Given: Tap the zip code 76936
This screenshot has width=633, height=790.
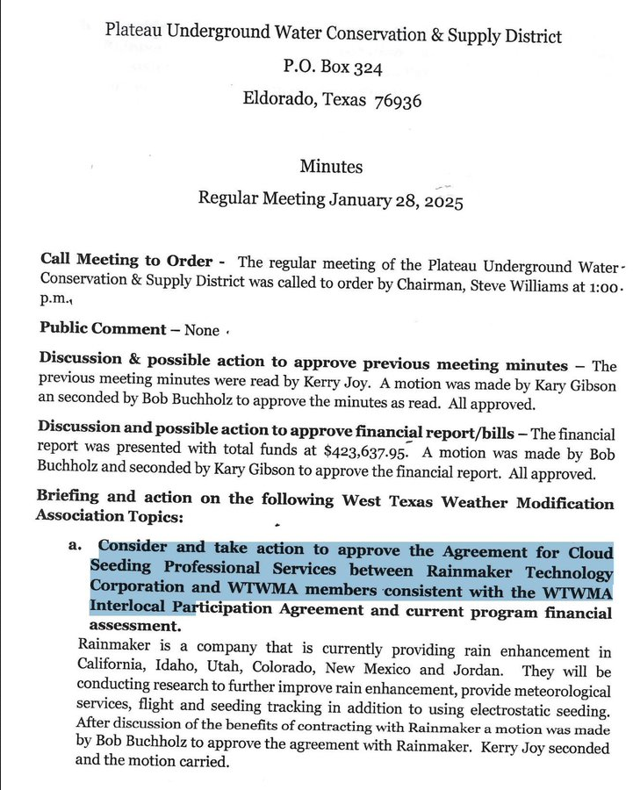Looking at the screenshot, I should (x=398, y=100).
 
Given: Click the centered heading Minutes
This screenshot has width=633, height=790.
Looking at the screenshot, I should (x=330, y=166).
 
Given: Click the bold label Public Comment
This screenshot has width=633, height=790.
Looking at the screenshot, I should (x=103, y=329).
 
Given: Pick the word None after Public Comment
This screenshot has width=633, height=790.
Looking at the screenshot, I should (x=202, y=330).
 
